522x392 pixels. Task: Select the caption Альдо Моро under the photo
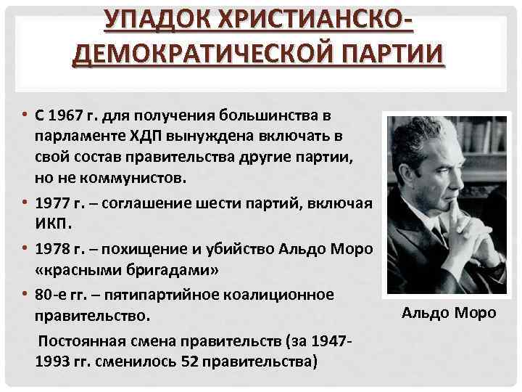point(449,313)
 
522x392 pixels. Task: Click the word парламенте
point(78,137)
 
